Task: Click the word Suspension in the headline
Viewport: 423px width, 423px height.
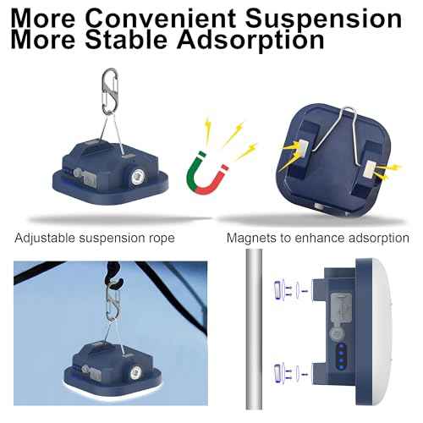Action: coord(323,19)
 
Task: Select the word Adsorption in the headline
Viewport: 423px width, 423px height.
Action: coord(250,41)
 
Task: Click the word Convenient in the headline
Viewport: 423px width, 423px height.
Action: coord(160,19)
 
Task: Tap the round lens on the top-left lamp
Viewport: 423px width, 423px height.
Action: coord(139,178)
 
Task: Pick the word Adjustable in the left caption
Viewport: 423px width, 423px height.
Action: coord(45,239)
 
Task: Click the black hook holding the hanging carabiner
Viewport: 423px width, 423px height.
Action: coord(113,277)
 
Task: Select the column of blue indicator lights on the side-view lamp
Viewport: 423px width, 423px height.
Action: coord(341,356)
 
